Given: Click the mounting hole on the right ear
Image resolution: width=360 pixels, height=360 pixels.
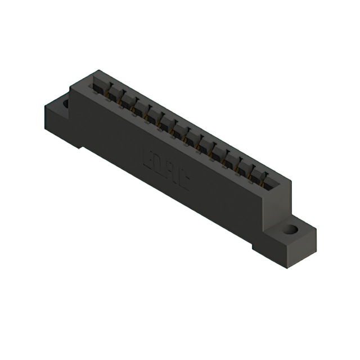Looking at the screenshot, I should (291, 229).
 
